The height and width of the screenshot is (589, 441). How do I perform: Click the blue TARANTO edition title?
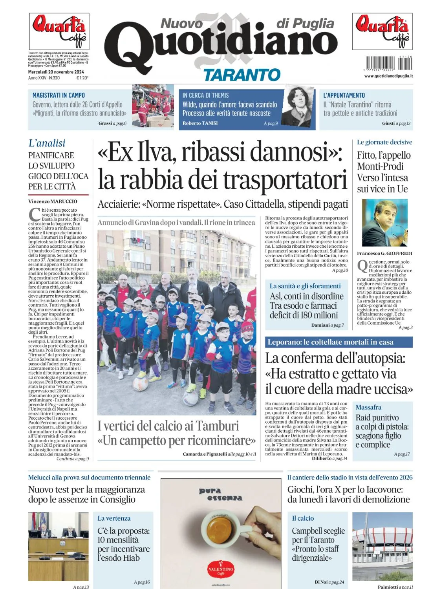242,75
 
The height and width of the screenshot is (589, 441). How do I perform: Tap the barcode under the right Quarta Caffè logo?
380,63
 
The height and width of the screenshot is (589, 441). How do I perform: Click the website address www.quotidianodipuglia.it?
388,76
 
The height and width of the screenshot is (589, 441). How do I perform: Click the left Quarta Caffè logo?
59,31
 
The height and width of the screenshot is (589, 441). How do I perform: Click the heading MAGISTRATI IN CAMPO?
59,95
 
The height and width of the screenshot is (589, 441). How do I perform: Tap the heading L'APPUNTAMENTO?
344,95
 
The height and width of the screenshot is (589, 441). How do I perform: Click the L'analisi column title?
47,143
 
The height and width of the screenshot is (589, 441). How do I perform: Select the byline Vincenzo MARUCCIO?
53,201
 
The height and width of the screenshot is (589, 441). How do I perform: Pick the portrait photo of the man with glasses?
384,222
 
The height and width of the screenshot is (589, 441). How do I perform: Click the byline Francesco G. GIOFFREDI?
384,253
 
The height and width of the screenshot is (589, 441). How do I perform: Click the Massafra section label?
368,407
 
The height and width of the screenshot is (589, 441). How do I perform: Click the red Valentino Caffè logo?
221,569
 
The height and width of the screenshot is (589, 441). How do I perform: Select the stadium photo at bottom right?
382,546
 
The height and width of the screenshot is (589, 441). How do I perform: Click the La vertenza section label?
114,518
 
